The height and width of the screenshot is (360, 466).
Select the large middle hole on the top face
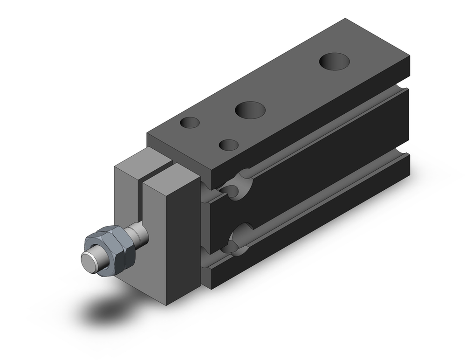250,110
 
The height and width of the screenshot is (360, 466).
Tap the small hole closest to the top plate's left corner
190,123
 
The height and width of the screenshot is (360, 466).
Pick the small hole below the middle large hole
228,145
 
